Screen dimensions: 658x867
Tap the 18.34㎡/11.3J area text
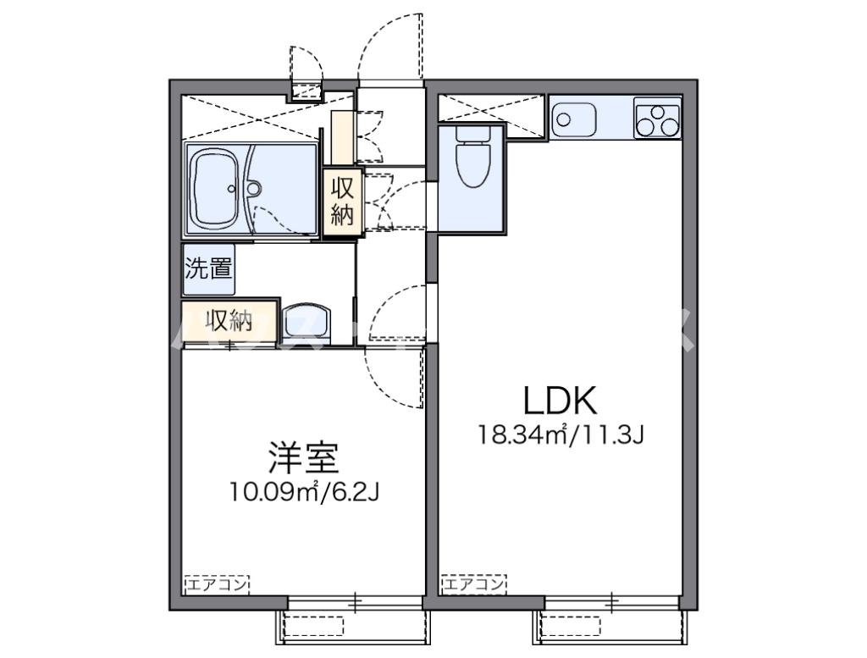pos(562,436)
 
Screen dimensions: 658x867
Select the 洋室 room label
pos(304,458)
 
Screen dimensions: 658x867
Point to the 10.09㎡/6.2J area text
pos(304,492)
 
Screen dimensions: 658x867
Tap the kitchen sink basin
pos(573,118)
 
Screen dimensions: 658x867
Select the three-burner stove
pos(657,119)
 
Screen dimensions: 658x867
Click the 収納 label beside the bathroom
pos(342,201)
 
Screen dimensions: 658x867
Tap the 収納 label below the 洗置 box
pos(229,321)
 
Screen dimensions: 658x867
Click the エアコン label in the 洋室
pos(216,584)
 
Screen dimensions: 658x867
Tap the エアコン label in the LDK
pos(473,584)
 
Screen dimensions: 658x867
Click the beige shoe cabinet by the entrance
pos(343,135)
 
